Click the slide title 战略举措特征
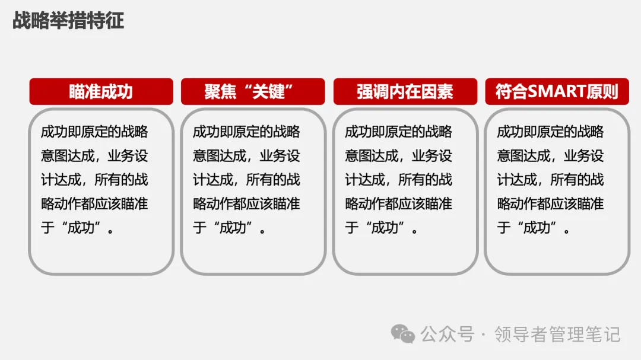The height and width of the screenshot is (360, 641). click(68, 21)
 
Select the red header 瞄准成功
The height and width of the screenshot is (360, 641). click(101, 92)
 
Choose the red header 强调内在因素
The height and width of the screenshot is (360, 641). click(405, 92)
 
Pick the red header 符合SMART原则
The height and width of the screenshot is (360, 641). click(557, 92)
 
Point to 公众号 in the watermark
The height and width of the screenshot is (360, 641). click(448, 334)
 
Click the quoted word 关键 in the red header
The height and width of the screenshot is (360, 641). click(268, 92)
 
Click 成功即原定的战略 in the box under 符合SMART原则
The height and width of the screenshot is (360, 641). click(551, 132)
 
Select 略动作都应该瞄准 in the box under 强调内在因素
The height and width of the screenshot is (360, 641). click(399, 204)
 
